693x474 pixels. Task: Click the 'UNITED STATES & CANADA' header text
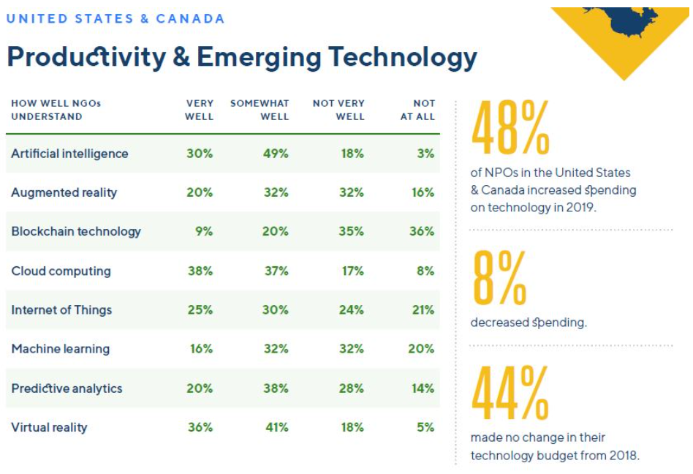point(115,19)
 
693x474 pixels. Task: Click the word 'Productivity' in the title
point(87,57)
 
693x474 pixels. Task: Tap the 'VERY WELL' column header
point(200,110)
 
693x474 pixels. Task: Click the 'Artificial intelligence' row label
point(69,154)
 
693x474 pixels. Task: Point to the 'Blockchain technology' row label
point(76,231)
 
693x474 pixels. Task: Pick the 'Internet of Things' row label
point(61,309)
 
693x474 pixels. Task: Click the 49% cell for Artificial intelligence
point(276,154)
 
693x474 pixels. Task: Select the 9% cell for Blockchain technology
point(204,231)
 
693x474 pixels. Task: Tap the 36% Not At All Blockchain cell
point(422,231)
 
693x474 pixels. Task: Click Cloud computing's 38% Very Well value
point(200,271)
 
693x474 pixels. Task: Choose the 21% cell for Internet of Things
point(423,309)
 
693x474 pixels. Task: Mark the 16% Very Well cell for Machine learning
point(200,349)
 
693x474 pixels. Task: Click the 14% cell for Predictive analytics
point(423,388)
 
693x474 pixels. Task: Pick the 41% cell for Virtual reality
point(276,427)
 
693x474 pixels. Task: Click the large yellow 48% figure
point(510,129)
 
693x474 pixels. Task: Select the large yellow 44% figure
point(510,396)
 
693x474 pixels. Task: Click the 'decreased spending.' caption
point(528,322)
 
